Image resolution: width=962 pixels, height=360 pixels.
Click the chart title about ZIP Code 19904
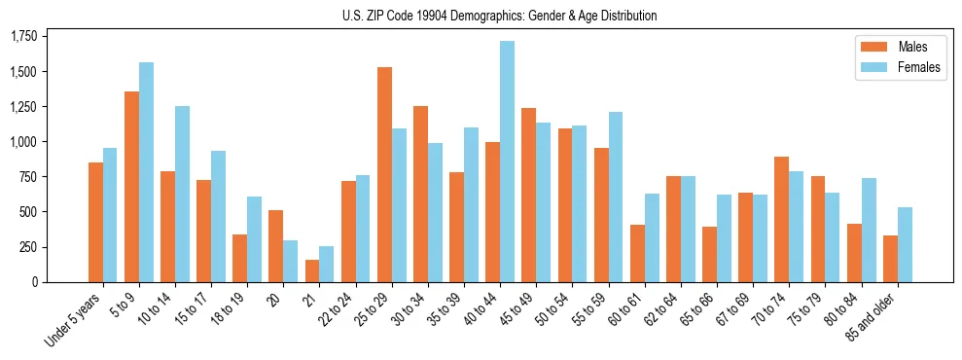[x=499, y=16]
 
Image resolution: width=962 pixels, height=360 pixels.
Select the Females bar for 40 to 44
[x=507, y=162]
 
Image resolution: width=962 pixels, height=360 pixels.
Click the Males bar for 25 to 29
[x=384, y=175]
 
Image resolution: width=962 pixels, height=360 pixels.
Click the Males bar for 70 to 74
[x=782, y=219]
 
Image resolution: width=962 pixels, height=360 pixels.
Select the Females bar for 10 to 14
[x=182, y=194]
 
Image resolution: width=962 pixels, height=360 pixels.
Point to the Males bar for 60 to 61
[x=637, y=253]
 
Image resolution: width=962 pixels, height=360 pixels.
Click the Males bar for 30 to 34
[x=420, y=194]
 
